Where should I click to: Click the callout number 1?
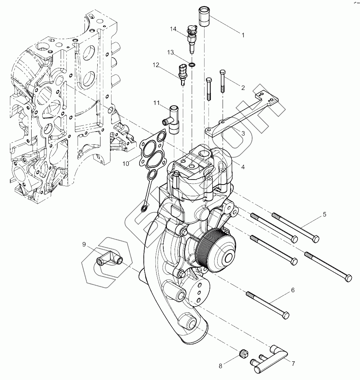[243, 35]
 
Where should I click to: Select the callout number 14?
[173, 29]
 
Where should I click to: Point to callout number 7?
[293, 364]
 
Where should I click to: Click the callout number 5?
[324, 214]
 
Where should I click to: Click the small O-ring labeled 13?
[192, 65]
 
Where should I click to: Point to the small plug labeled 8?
[244, 353]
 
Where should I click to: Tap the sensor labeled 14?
[192, 37]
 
